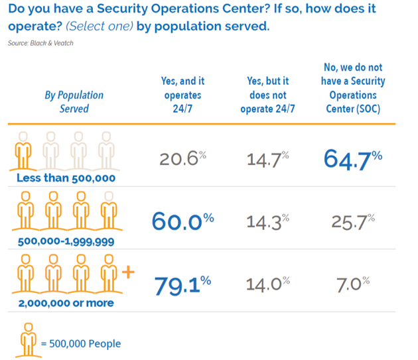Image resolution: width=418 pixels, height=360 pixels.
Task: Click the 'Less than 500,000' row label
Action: coord(66,178)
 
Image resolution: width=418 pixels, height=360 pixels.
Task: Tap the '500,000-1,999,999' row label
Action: coord(66,241)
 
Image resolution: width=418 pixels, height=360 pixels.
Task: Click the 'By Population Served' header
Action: coord(74,101)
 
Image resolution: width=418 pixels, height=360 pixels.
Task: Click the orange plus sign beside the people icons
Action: coord(128,272)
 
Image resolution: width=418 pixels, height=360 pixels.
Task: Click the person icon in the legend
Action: coord(27,340)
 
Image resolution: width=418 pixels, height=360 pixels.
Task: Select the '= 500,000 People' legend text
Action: coord(80,343)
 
